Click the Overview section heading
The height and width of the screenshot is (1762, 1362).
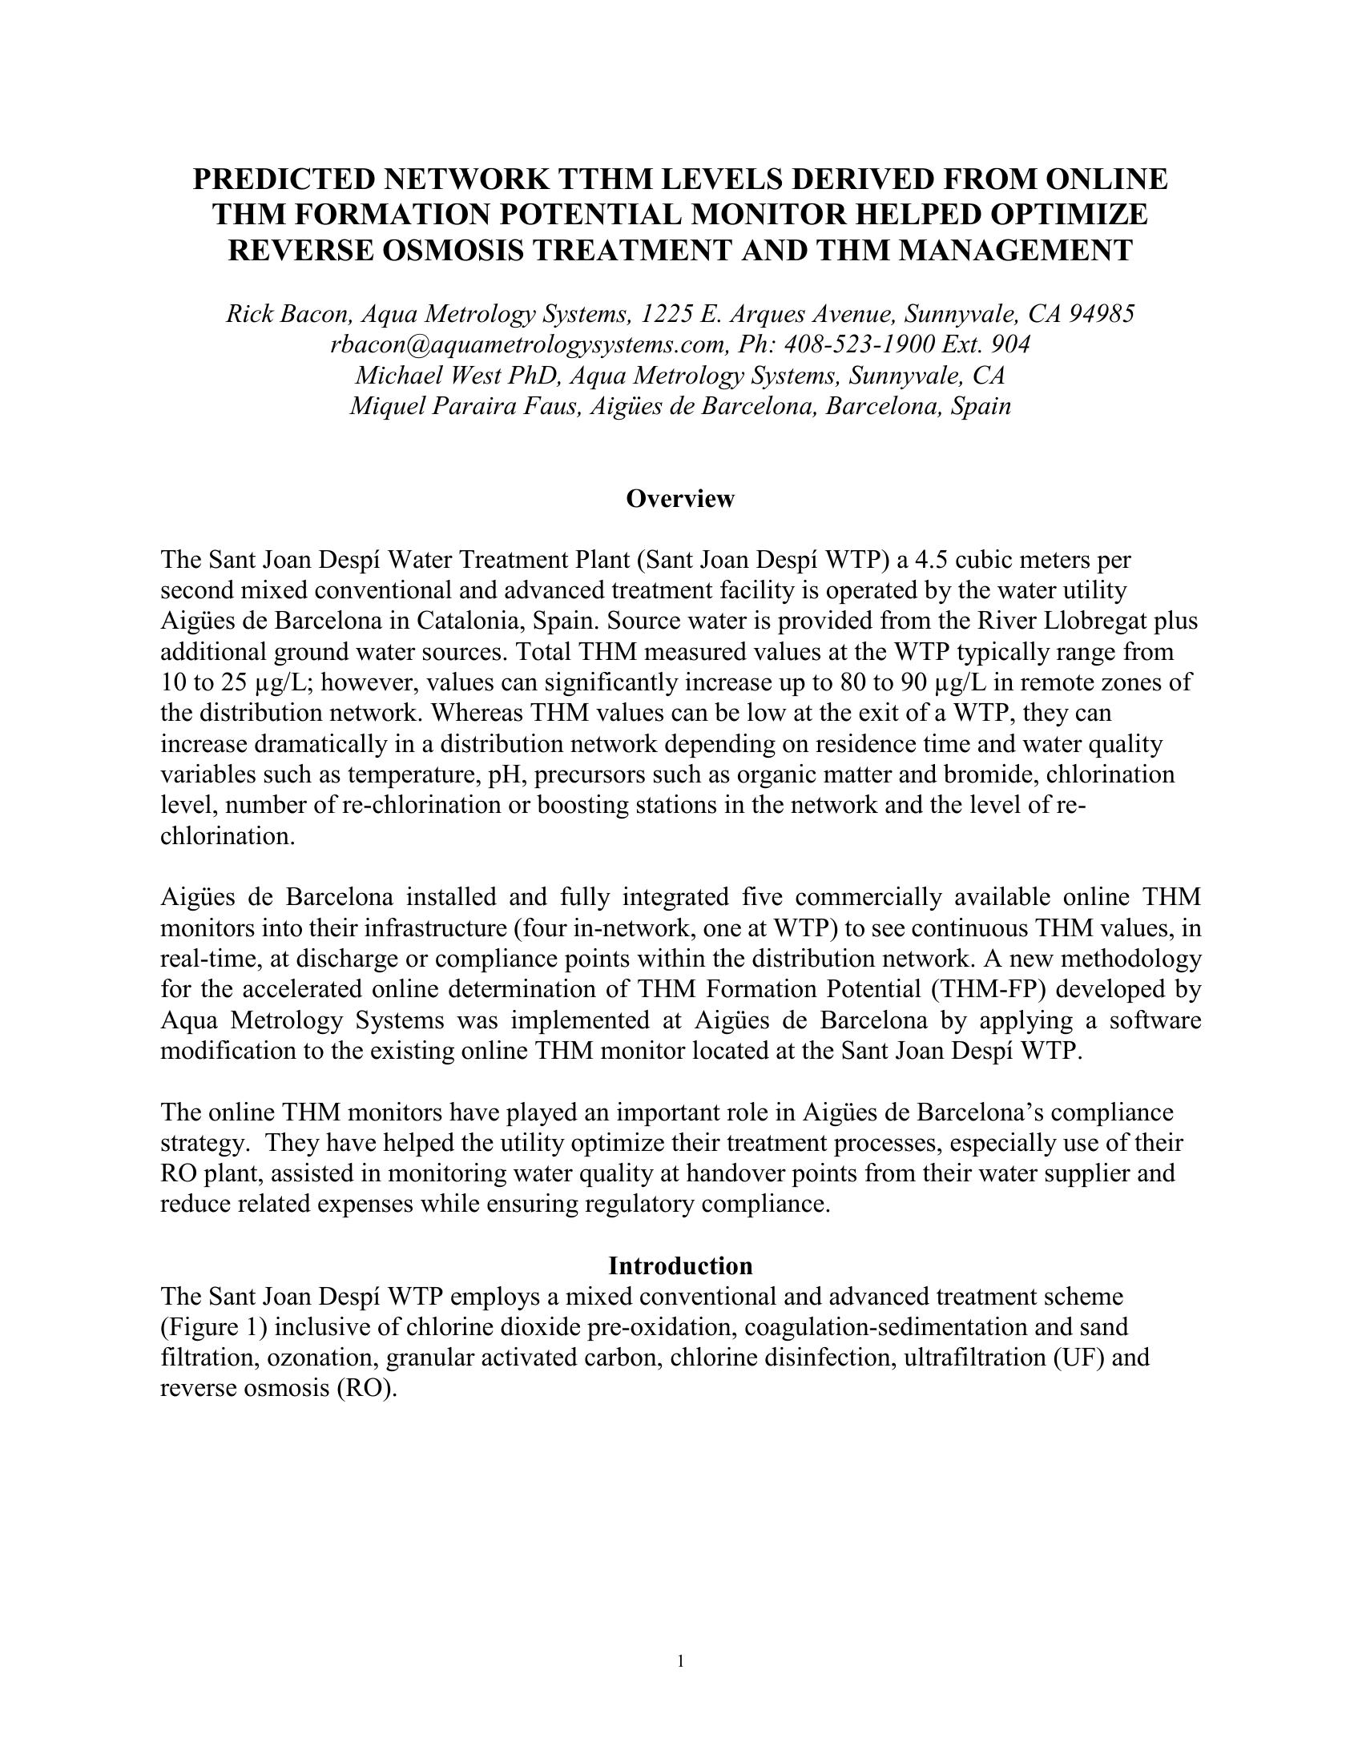pyautogui.click(x=680, y=499)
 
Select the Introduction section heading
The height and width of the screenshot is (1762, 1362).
pyautogui.click(x=680, y=1265)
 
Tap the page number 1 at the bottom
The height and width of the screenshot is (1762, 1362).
pyautogui.click(x=681, y=1659)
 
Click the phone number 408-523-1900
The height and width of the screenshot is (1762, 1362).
pyautogui.click(x=860, y=344)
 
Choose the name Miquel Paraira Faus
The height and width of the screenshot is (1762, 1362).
pyautogui.click(x=465, y=405)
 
